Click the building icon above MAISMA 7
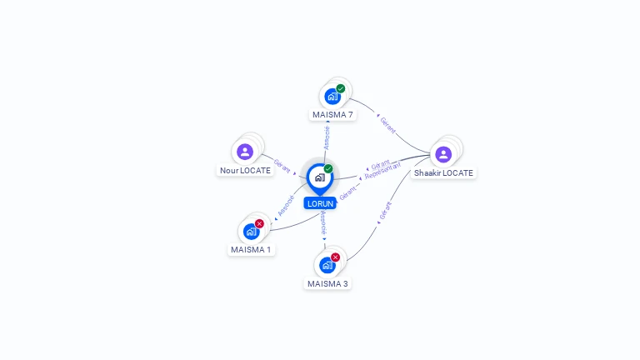(x=332, y=97)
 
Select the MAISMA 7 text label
(x=332, y=115)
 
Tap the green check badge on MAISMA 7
(x=340, y=88)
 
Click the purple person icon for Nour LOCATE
(x=245, y=152)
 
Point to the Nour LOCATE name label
(x=245, y=170)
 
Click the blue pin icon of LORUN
(x=320, y=179)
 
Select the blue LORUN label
(x=320, y=203)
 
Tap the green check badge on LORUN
(x=328, y=168)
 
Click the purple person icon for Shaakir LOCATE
(x=443, y=155)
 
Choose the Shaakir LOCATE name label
(x=443, y=173)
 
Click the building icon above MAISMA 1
(x=251, y=232)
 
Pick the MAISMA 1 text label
(x=251, y=249)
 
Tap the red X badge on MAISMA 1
(x=259, y=223)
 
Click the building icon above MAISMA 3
(x=327, y=265)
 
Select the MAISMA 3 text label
(x=327, y=283)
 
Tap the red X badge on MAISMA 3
(x=335, y=257)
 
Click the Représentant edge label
(x=382, y=171)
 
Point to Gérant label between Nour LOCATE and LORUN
(x=282, y=166)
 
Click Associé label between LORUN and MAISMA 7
(x=327, y=138)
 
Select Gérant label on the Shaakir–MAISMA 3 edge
(x=385, y=211)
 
